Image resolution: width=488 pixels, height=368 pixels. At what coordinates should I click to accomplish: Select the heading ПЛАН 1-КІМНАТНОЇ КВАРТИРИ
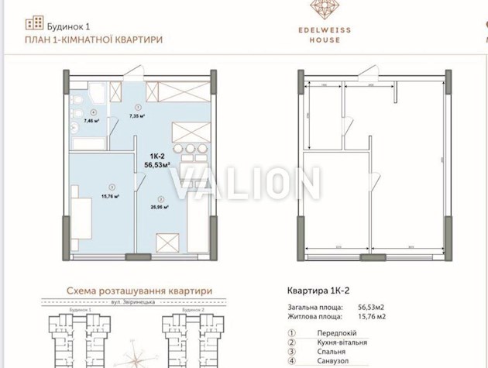click(94, 39)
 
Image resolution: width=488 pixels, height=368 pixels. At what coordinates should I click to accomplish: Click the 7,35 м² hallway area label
click(139, 116)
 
